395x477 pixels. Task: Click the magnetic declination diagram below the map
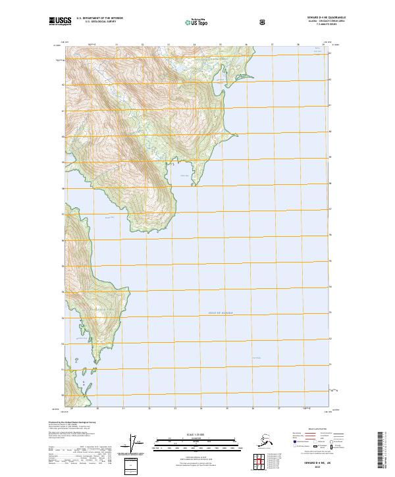pos(136,444)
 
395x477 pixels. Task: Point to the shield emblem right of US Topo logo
pos(227,21)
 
